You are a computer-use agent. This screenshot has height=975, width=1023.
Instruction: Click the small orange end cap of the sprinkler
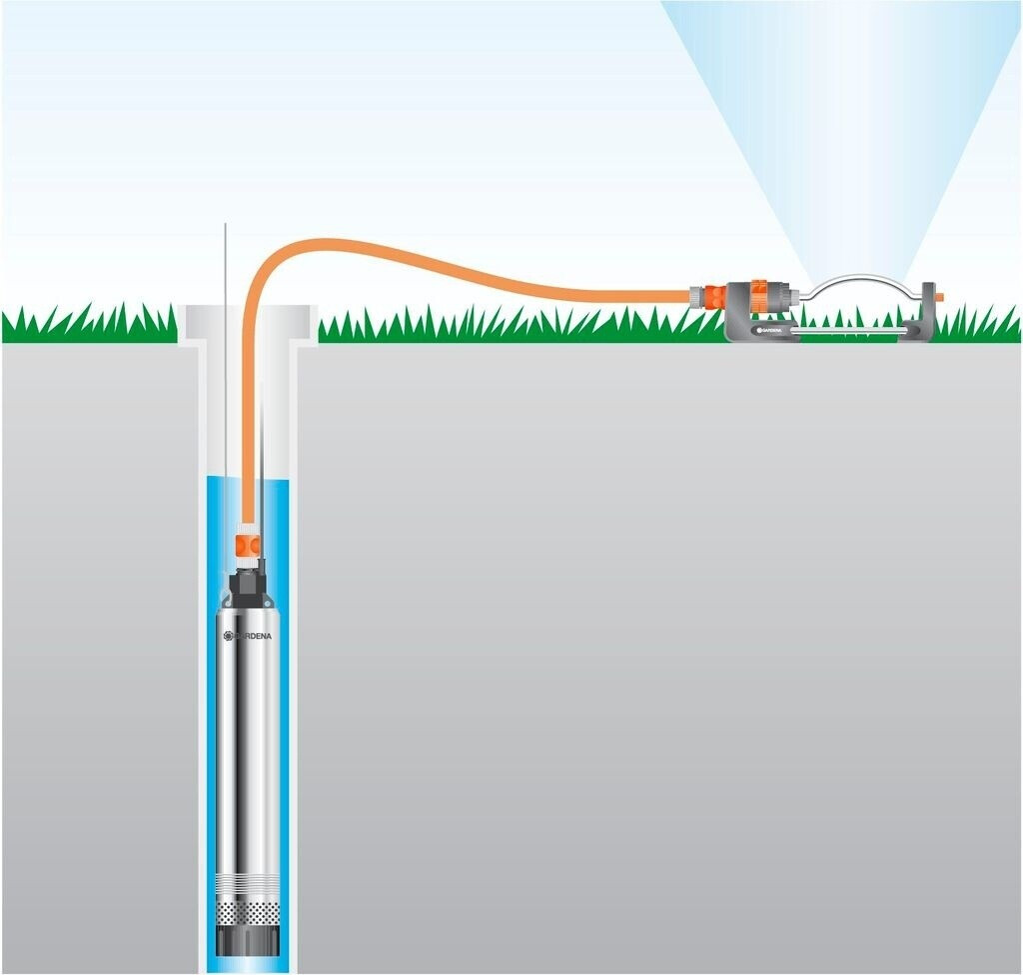(x=939, y=297)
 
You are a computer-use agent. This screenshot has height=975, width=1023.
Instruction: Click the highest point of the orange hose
(x=310, y=243)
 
